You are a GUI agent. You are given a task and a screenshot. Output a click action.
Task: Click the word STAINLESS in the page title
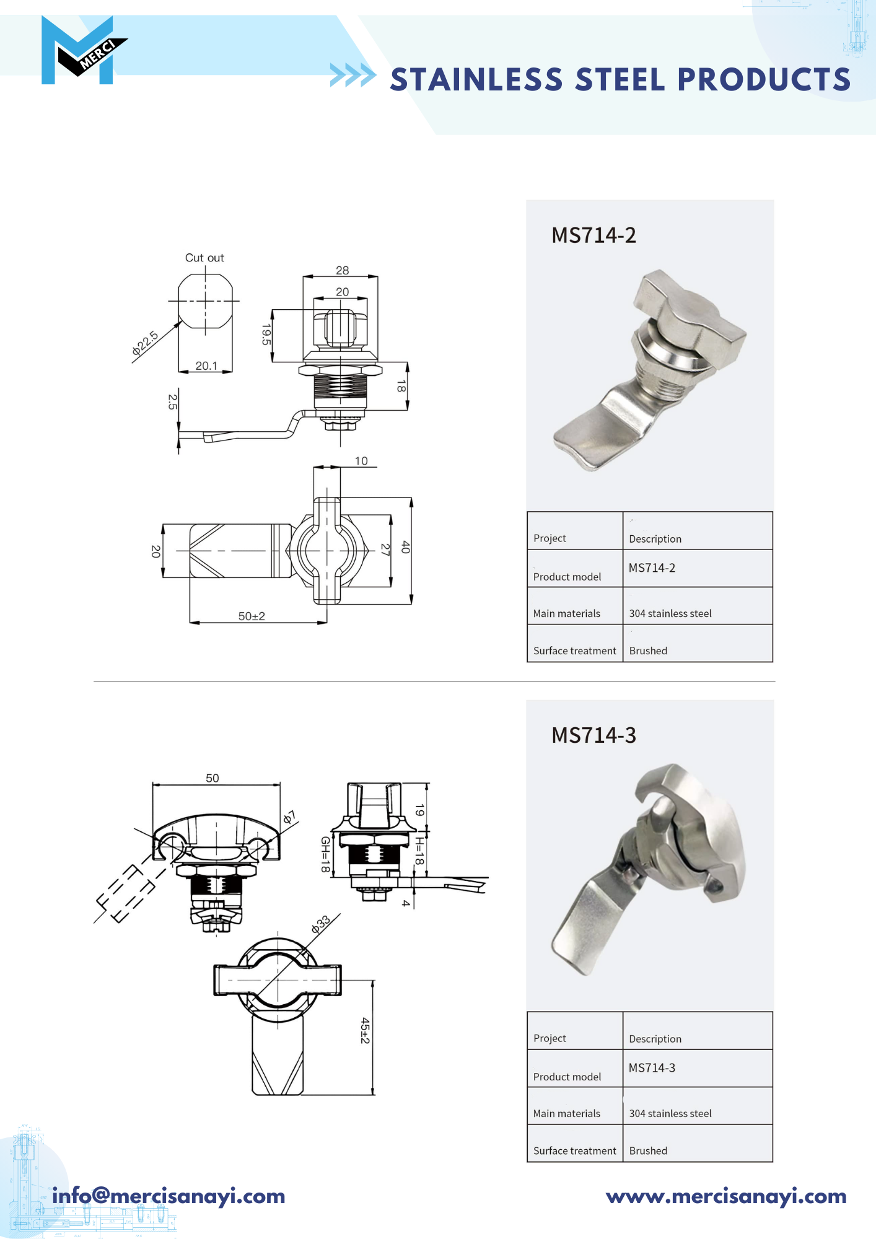pos(476,80)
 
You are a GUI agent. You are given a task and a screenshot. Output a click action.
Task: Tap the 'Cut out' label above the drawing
pos(204,258)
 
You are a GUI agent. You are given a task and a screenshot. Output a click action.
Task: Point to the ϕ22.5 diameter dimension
pos(145,343)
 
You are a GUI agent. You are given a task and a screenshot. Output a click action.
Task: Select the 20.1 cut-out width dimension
pos(206,366)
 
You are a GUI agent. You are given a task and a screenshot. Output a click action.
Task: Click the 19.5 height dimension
pos(266,335)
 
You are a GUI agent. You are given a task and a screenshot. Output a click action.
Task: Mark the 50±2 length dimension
pos(252,616)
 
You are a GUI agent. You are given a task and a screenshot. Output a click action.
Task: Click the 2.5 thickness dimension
pos(172,402)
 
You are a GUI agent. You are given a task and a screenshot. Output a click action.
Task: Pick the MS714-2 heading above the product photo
pos(593,235)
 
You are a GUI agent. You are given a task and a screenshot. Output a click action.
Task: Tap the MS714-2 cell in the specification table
pos(652,567)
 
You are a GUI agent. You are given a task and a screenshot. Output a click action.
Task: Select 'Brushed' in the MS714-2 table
pos(648,650)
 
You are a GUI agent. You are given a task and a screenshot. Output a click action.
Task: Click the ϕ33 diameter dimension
pos(321,925)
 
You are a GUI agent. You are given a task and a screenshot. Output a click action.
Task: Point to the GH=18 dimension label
pos(325,854)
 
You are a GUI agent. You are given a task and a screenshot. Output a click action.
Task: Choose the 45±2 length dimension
pos(365,1030)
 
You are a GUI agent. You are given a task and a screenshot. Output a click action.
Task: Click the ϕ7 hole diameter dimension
pos(289,817)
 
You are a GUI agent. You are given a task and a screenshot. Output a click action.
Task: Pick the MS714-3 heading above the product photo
pos(593,735)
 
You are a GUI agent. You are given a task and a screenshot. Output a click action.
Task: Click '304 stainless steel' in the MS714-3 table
pos(670,1113)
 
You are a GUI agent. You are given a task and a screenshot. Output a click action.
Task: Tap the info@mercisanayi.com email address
pos(169,1196)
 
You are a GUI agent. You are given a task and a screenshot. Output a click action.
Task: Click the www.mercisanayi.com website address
pos(726,1196)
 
